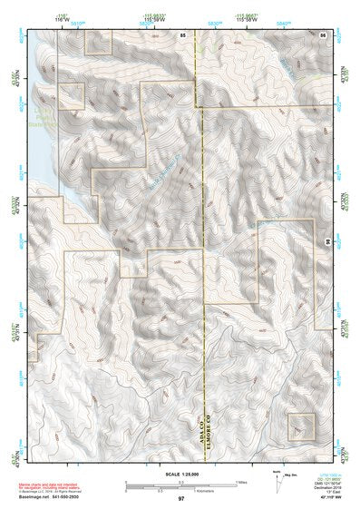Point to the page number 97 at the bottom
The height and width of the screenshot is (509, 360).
[181, 499]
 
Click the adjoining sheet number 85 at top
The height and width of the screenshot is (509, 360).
[183, 34]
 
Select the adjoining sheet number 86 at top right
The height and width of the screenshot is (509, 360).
[323, 34]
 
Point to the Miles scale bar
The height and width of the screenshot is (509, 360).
[180, 483]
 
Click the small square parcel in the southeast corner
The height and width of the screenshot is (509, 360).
[300, 426]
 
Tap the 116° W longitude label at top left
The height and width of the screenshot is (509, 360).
[63, 19]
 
